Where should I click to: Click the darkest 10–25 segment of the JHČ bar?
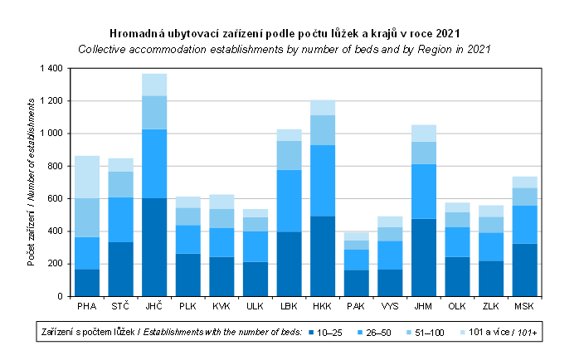[x=154, y=247]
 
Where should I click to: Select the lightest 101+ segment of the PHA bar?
[x=87, y=177]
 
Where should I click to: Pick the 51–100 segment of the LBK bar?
[x=290, y=155]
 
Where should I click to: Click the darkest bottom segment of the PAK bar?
[x=357, y=283]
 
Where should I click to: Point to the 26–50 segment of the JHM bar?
[x=424, y=191]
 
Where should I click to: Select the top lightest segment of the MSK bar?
[x=524, y=182]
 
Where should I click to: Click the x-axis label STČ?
[x=120, y=307]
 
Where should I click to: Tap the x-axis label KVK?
[x=221, y=307]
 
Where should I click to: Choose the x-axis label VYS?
[x=390, y=307]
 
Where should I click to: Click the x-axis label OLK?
[x=457, y=307]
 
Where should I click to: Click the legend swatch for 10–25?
[x=312, y=333]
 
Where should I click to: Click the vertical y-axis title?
[x=32, y=182]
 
